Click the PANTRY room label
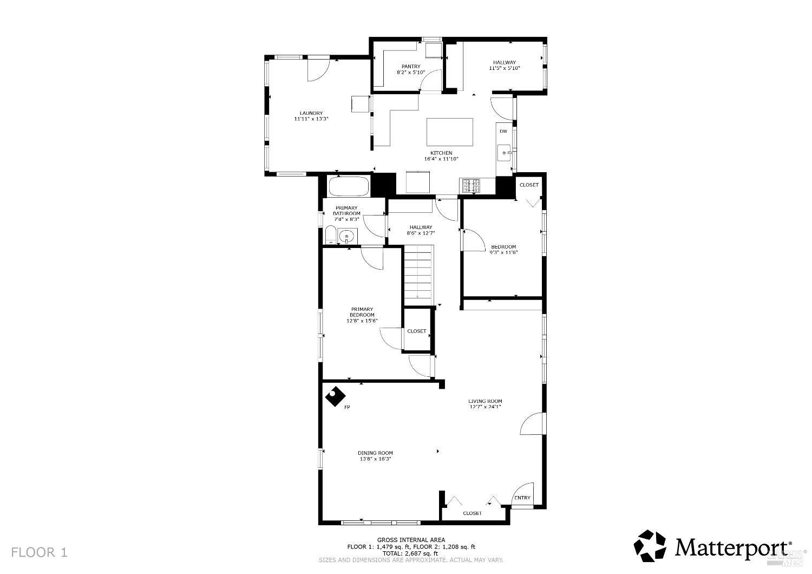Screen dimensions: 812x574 click(x=411, y=67)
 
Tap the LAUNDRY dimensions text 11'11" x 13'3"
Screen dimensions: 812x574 click(x=311, y=119)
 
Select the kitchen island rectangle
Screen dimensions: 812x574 click(x=449, y=132)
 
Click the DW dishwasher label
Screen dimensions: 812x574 click(x=503, y=132)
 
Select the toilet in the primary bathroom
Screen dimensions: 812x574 click(x=330, y=237)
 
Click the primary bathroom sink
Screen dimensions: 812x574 click(x=347, y=236)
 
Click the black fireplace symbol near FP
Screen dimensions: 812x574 click(x=335, y=397)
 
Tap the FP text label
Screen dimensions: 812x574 click(x=347, y=407)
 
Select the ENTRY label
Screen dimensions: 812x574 click(x=522, y=498)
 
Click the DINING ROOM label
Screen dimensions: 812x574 click(x=375, y=453)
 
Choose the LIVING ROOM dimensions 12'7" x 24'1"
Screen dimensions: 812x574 click(x=485, y=407)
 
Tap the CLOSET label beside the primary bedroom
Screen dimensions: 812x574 click(x=417, y=331)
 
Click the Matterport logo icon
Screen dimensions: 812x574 click(x=651, y=546)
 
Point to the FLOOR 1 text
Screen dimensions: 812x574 click(x=40, y=552)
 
